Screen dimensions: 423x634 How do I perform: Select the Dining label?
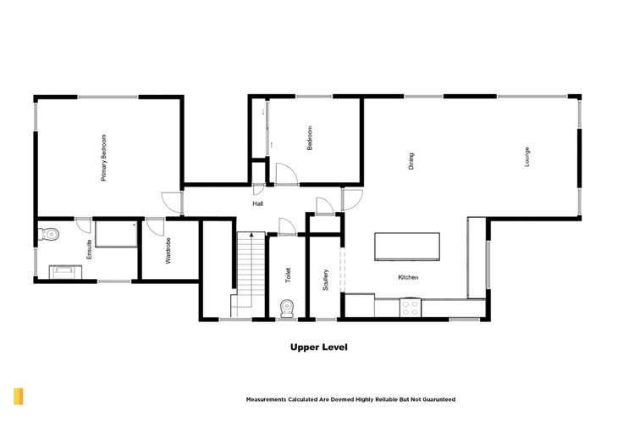click(x=411, y=161)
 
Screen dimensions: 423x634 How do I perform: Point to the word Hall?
click(x=257, y=204)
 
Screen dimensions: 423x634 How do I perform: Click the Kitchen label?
click(x=408, y=277)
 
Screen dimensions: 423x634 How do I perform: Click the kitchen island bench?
click(x=408, y=247)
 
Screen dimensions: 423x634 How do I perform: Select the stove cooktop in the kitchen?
click(x=411, y=307)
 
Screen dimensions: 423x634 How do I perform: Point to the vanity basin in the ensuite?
click(x=65, y=271)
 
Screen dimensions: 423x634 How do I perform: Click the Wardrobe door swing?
click(x=155, y=227)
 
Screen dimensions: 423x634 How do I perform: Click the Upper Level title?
click(x=318, y=347)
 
